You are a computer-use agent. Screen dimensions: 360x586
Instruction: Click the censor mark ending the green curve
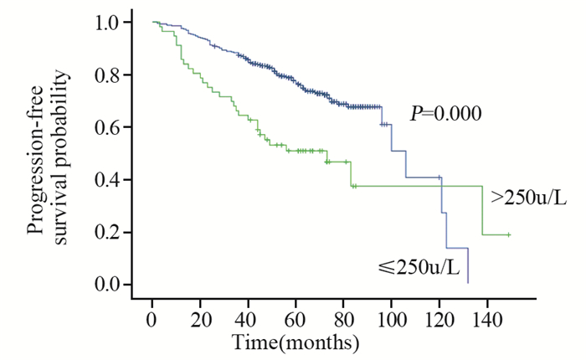point(508,235)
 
